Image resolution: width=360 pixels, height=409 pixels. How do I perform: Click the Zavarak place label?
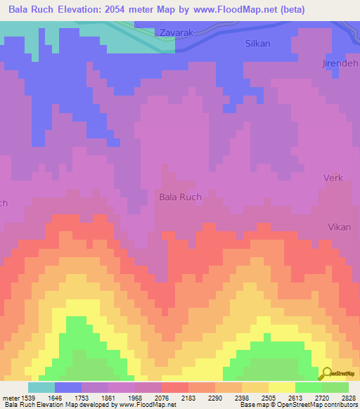176,33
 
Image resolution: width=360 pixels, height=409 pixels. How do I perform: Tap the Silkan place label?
257,43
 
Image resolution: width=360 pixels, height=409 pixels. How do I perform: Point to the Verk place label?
333,178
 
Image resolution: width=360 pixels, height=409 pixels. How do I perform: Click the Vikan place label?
338,227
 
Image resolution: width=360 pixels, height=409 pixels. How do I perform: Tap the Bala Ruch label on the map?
180,197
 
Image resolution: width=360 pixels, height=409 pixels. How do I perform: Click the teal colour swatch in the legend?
41,387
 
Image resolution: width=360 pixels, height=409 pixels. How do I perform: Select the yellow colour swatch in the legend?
281,387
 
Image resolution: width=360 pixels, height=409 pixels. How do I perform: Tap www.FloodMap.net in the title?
233,11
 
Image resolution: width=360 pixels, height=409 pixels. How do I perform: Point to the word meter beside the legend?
11,398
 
